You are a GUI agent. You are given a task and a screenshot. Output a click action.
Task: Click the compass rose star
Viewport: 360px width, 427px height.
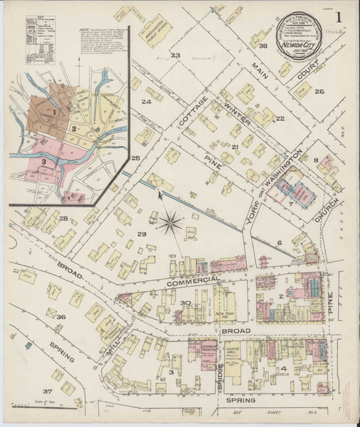(x=171, y=224)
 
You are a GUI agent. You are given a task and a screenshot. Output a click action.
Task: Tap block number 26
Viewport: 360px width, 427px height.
(x=319, y=91)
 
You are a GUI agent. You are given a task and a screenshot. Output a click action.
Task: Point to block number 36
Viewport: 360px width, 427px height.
(x=61, y=317)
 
